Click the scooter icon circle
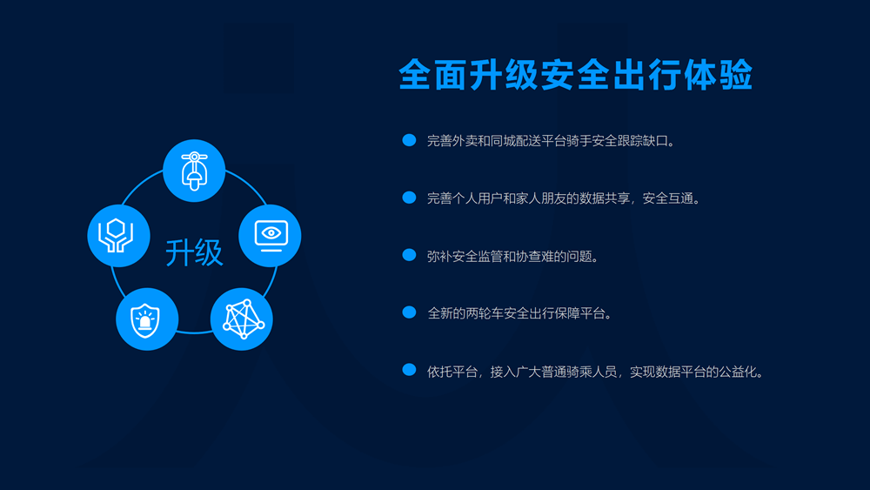[194, 171]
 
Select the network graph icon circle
[242, 319]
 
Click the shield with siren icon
[147, 319]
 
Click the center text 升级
[194, 252]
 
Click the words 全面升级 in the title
[470, 76]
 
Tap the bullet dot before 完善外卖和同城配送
[409, 140]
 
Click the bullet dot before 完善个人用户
[409, 198]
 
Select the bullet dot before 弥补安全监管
[409, 255]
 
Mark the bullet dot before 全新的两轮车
[409, 312]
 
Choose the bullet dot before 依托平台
[409, 371]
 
